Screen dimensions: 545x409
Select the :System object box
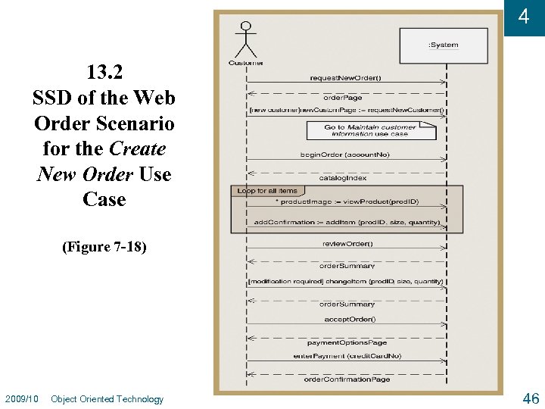point(444,45)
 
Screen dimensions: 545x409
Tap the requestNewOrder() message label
point(346,77)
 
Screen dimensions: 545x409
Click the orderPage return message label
point(343,98)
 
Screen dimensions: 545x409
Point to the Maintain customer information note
point(371,130)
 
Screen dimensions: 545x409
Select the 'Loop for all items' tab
point(267,190)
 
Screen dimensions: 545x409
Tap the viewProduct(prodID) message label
point(347,201)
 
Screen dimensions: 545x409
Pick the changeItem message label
point(346,282)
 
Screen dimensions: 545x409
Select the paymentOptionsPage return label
point(347,342)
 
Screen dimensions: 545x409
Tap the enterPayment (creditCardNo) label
point(347,355)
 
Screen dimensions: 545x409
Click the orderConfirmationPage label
point(347,379)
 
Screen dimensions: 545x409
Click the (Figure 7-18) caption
point(105,247)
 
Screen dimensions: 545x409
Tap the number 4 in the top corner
point(523,17)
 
